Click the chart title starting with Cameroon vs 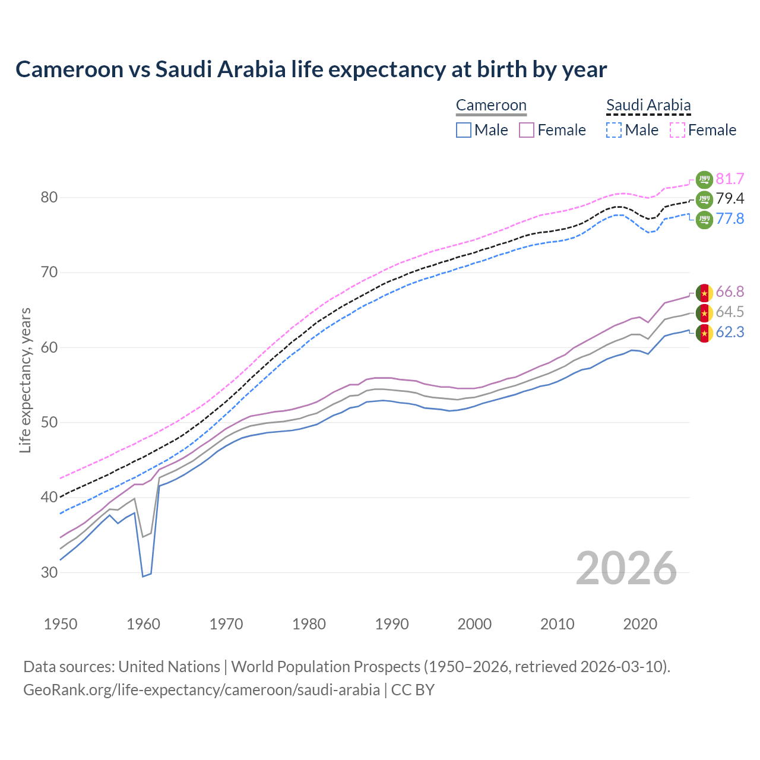311,69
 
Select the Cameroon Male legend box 464,130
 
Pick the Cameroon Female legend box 527,130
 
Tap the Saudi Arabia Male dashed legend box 614,130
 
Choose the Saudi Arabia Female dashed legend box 677,130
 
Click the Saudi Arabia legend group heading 648,106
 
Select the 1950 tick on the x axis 61,624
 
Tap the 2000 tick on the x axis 474,624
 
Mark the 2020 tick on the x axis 640,624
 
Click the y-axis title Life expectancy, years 25,380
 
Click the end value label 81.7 730,179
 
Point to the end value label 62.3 730,332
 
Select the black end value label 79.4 730,198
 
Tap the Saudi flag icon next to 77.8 704,219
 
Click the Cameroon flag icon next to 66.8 704,292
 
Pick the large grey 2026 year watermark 626,568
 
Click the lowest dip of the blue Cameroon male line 143,576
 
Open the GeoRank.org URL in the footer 201,690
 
